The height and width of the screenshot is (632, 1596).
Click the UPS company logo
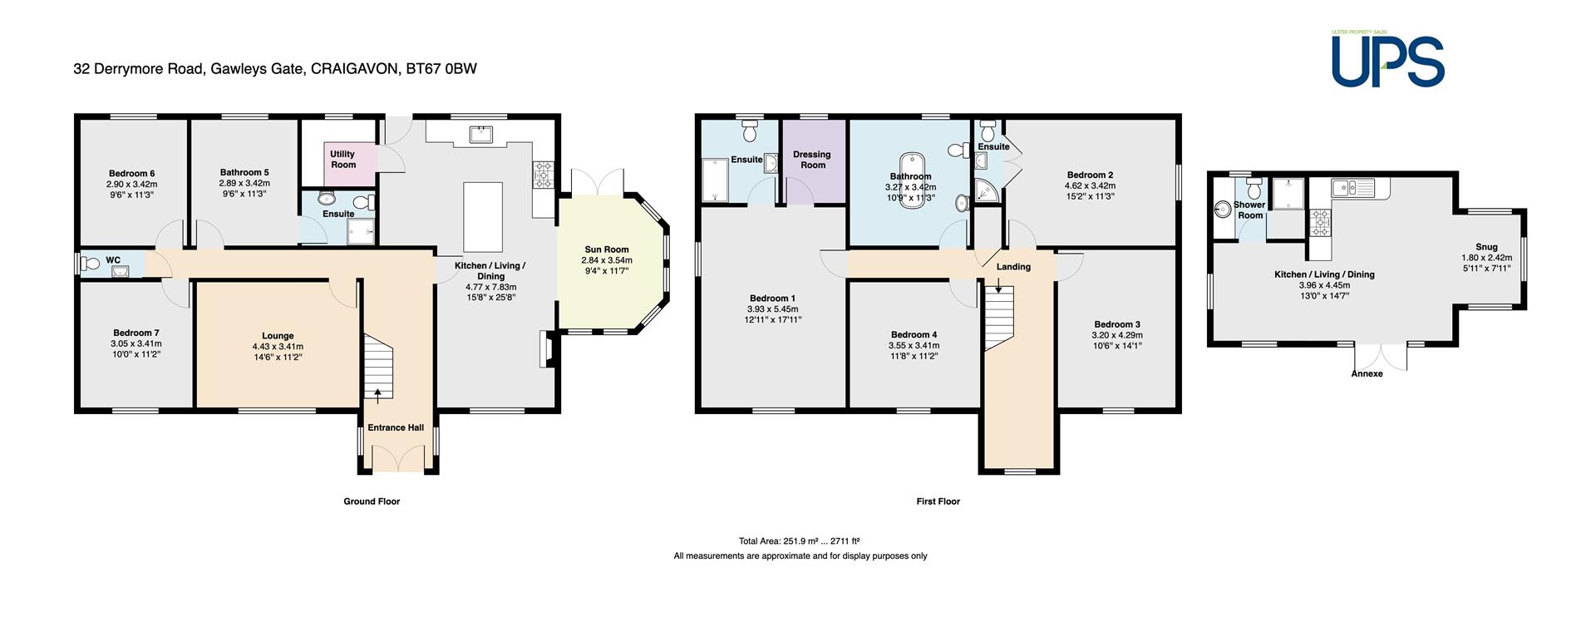[x=1387, y=58]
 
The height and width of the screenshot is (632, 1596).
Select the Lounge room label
[x=278, y=336]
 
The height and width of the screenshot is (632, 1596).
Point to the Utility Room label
[x=343, y=159]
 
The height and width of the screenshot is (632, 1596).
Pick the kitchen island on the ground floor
[x=483, y=217]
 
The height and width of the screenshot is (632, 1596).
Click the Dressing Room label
[x=812, y=160]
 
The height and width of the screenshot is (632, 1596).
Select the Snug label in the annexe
[x=1486, y=247]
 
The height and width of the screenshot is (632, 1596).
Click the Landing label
[x=1013, y=267]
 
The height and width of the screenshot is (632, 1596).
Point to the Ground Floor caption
[x=372, y=501]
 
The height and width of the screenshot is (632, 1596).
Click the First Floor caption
[x=938, y=501]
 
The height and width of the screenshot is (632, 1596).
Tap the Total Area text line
[x=799, y=541]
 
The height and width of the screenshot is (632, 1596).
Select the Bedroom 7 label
[x=136, y=333]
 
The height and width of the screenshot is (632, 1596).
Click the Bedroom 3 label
[x=1117, y=324]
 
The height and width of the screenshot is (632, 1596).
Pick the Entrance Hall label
[x=396, y=427]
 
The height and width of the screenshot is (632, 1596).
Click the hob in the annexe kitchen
[x=1320, y=222]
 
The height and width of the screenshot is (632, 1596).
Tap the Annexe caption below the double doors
[x=1367, y=373]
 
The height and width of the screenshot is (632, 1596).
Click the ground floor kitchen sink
[x=481, y=134]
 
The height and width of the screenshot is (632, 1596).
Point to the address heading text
[x=275, y=69]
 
